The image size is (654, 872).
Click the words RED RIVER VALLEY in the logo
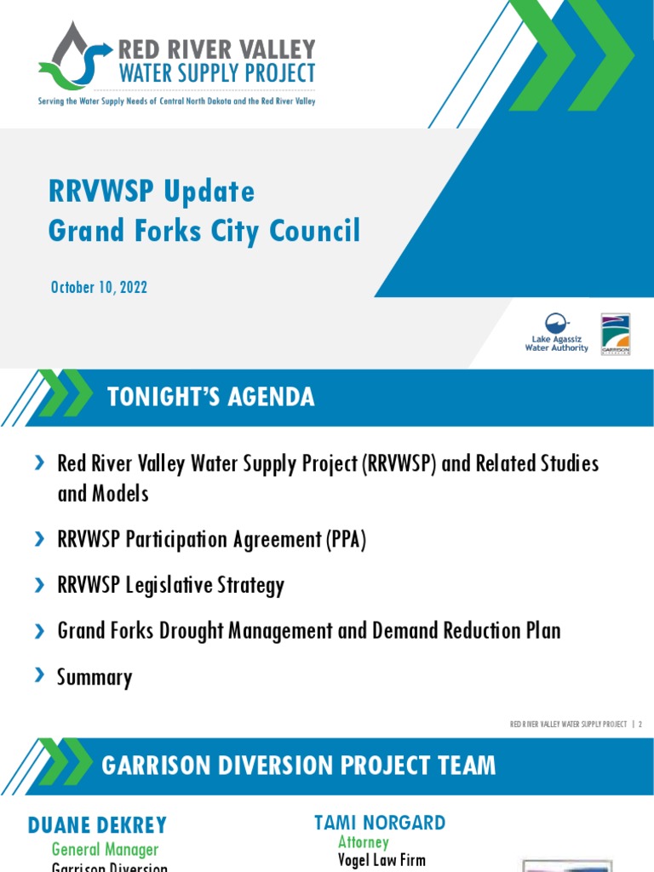(216, 49)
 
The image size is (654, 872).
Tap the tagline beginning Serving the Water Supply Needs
(176, 101)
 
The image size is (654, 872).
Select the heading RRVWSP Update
(152, 192)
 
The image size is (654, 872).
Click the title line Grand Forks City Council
(204, 231)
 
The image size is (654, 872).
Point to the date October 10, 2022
(99, 287)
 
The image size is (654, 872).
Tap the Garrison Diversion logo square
(616, 334)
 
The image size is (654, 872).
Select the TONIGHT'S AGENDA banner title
(210, 397)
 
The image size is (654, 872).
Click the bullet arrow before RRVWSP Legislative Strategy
(39, 585)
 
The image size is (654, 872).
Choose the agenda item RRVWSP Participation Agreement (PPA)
(211, 540)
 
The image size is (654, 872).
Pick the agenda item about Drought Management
(308, 631)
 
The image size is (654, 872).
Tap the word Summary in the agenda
(95, 678)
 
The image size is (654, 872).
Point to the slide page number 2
(640, 724)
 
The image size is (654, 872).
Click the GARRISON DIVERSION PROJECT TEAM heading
(298, 766)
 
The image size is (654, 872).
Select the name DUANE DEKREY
(98, 825)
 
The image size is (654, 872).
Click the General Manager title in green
(105, 849)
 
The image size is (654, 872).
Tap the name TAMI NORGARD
(380, 823)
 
